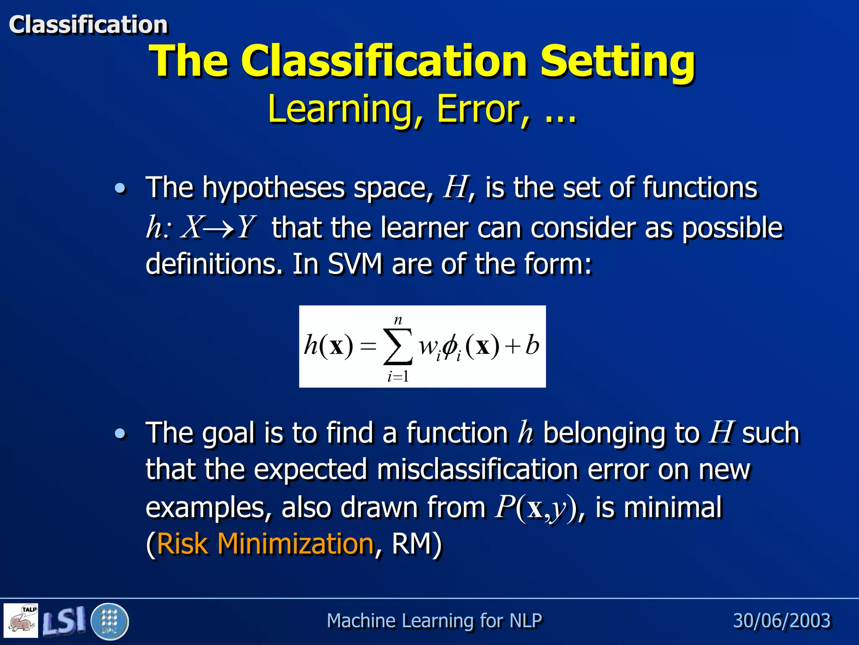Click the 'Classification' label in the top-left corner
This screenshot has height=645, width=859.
(x=88, y=24)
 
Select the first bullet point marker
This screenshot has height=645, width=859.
(x=120, y=189)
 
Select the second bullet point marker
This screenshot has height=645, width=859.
(x=120, y=434)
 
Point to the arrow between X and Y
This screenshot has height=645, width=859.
(x=219, y=229)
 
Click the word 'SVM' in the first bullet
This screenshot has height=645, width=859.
(x=355, y=265)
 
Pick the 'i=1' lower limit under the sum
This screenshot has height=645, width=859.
(x=398, y=377)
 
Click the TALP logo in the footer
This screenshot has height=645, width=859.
(x=21, y=620)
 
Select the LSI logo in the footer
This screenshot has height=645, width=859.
(x=64, y=621)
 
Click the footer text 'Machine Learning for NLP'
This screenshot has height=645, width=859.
(x=434, y=621)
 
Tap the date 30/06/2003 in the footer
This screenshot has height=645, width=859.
(x=781, y=621)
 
